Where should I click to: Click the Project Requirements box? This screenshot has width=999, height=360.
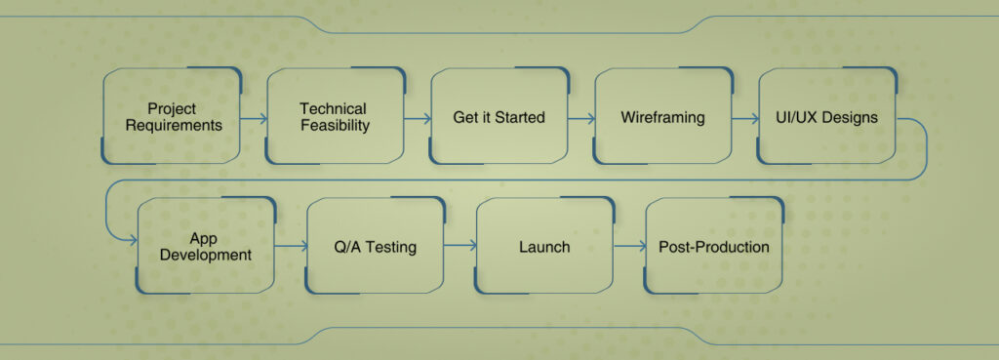tap(172, 116)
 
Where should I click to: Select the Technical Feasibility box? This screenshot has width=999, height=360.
tap(335, 116)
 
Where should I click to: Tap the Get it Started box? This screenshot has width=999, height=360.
tap(499, 116)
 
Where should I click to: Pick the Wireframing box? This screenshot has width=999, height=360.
tap(662, 116)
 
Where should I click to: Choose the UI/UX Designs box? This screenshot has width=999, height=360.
tap(826, 116)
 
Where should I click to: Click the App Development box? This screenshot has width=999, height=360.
tap(206, 246)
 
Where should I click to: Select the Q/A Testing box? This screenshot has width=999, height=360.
tap(376, 246)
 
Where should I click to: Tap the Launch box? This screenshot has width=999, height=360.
tap(544, 246)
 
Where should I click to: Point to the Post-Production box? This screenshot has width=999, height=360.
tap(714, 246)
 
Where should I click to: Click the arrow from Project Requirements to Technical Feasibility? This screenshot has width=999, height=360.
tap(253, 118)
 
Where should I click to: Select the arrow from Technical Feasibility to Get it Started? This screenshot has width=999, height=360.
tap(417, 118)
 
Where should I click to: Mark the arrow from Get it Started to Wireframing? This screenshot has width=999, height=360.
tap(580, 118)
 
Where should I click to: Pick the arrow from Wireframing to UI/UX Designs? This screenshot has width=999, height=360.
tap(744, 118)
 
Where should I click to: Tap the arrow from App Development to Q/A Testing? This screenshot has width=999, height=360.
tap(291, 247)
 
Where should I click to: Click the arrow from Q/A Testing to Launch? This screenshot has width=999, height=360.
tap(460, 247)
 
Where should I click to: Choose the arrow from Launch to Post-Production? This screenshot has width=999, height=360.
tap(630, 247)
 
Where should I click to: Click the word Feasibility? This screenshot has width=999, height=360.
tap(335, 126)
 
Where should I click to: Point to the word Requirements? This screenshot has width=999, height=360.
tap(172, 126)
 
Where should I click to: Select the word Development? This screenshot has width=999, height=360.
tap(207, 256)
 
